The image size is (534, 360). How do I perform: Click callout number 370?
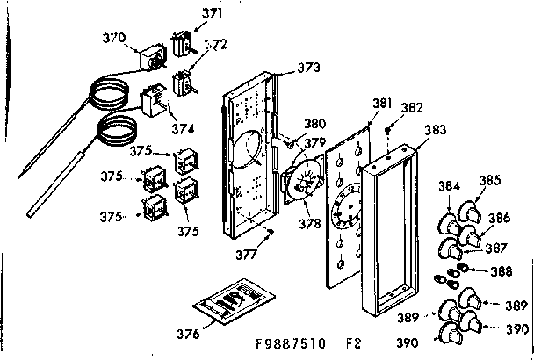point(114,39)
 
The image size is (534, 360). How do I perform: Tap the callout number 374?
point(183,127)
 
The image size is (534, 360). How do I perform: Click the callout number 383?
point(434,129)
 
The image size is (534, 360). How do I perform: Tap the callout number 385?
point(490,182)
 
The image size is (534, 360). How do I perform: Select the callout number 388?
point(502,271)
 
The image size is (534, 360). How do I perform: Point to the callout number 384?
point(449,186)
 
